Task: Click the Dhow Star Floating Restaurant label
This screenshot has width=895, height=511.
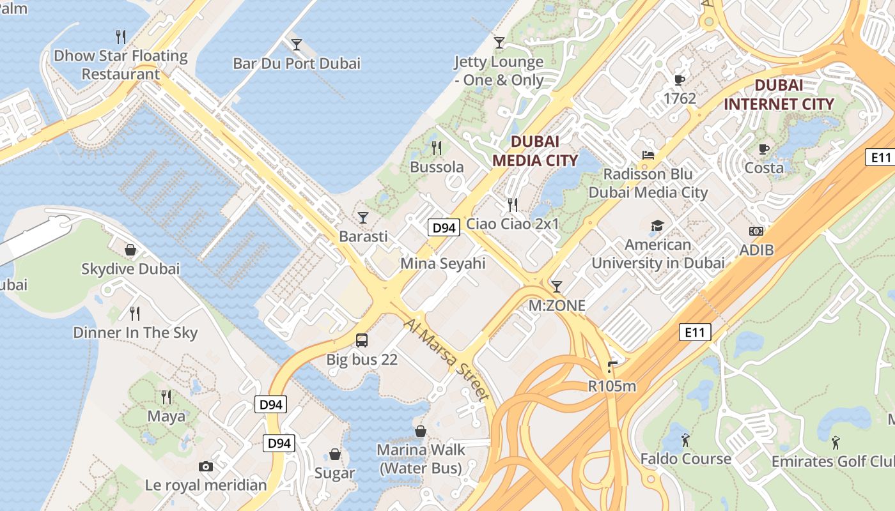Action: [120, 65]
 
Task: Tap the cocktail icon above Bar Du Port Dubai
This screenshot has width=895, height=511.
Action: [297, 44]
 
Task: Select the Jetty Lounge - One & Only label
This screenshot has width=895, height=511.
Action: [499, 71]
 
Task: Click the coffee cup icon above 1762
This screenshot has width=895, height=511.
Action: [680, 80]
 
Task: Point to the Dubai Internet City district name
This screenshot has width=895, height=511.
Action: [779, 95]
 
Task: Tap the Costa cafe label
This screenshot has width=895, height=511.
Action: [764, 167]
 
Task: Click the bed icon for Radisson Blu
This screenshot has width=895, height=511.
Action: [648, 155]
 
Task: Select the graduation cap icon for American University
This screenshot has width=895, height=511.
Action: [657, 225]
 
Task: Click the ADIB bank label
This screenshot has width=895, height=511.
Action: [756, 250]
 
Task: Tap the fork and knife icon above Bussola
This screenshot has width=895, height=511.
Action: [437, 148]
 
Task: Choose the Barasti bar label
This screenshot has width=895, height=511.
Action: [363, 236]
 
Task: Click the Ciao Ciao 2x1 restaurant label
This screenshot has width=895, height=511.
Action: [513, 224]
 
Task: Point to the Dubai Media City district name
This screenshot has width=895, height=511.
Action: [535, 151]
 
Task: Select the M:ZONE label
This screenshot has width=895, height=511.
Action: [557, 305]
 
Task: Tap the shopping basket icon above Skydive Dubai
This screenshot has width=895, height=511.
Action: [130, 250]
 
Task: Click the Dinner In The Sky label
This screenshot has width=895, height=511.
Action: [136, 332]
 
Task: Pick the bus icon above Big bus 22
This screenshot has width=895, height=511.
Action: [362, 340]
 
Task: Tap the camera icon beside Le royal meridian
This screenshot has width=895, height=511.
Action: [205, 466]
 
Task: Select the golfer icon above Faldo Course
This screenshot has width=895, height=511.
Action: [685, 440]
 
